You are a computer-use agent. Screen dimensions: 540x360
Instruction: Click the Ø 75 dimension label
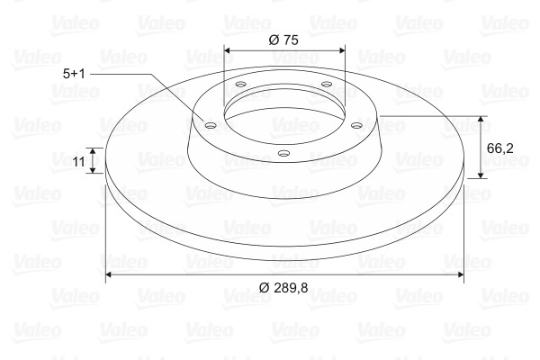tap(283, 40)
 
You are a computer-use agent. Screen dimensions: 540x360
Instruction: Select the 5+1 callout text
tap(74, 74)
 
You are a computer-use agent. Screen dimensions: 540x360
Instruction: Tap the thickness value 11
tap(78, 161)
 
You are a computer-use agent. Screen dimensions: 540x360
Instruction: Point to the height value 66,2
tap(500, 148)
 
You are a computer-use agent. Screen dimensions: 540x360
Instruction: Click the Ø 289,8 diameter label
tap(283, 287)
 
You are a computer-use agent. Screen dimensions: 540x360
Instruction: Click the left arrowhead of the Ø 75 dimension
tap(227, 50)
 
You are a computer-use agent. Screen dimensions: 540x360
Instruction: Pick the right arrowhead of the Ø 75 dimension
tap(342, 50)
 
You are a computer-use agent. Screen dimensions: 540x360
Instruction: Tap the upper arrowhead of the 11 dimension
tap(93, 150)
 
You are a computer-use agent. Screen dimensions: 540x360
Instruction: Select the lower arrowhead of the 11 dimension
tap(93, 170)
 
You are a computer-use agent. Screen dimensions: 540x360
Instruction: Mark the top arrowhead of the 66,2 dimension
tap(481, 119)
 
